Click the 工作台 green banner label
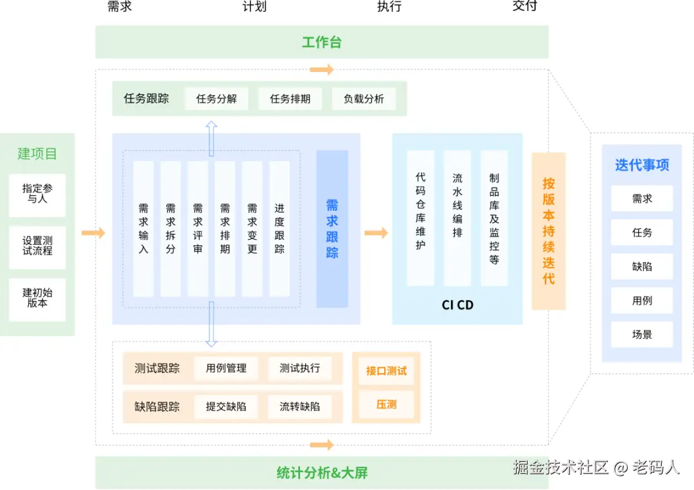tap(321, 42)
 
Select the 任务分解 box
tap(217, 99)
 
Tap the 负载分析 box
tap(364, 99)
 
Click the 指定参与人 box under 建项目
tap(37, 194)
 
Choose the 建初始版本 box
tap(37, 298)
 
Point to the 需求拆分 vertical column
tap(170, 229)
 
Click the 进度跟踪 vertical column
tap(280, 229)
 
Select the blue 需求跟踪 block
tap(332, 229)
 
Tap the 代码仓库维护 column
tap(420, 218)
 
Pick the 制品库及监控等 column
tap(494, 218)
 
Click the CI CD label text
tap(458, 305)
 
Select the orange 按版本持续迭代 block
tap(548, 231)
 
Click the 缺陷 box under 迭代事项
tap(641, 267)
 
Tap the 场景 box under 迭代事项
tap(641, 335)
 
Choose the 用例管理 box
tap(226, 369)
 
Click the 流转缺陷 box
tap(299, 407)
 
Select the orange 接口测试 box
tap(386, 371)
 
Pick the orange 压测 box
tap(386, 405)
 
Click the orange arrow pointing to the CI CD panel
tap(377, 232)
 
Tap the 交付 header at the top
tap(524, 6)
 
